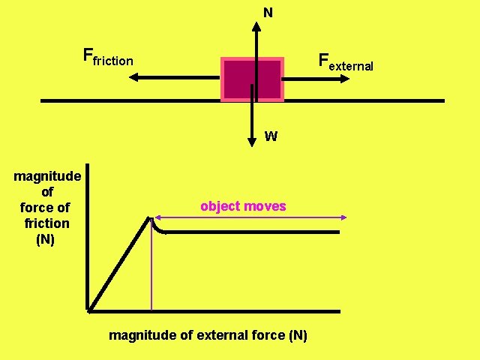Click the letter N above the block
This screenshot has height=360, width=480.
click(268, 13)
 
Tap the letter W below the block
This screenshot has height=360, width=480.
click(271, 136)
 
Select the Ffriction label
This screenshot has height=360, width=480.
click(108, 57)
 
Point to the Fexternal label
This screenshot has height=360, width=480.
click(345, 61)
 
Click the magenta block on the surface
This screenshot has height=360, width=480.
click(253, 78)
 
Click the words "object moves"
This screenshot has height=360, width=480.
click(243, 206)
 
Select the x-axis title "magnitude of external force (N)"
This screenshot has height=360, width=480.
click(208, 335)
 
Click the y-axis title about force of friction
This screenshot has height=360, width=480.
click(47, 208)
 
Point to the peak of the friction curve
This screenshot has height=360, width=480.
click(151, 217)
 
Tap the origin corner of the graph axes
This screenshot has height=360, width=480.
click(88, 310)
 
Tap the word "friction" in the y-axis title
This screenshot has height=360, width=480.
click(46, 223)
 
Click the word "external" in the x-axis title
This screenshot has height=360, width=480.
click(226, 335)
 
